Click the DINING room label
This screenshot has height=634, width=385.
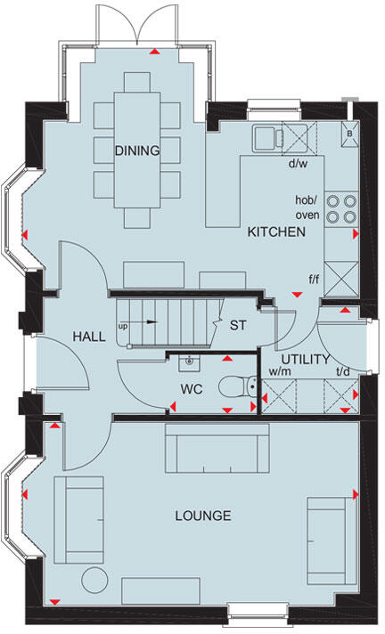[x=136, y=150]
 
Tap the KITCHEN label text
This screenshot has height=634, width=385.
[x=276, y=232]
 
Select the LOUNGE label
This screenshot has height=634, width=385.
[x=203, y=516]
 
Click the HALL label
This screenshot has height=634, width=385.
[x=89, y=337]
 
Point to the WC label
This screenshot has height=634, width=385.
[x=193, y=390]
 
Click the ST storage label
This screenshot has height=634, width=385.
[x=238, y=325]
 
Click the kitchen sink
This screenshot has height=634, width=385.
[x=267, y=138]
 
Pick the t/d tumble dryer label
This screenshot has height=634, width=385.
[x=340, y=371]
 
